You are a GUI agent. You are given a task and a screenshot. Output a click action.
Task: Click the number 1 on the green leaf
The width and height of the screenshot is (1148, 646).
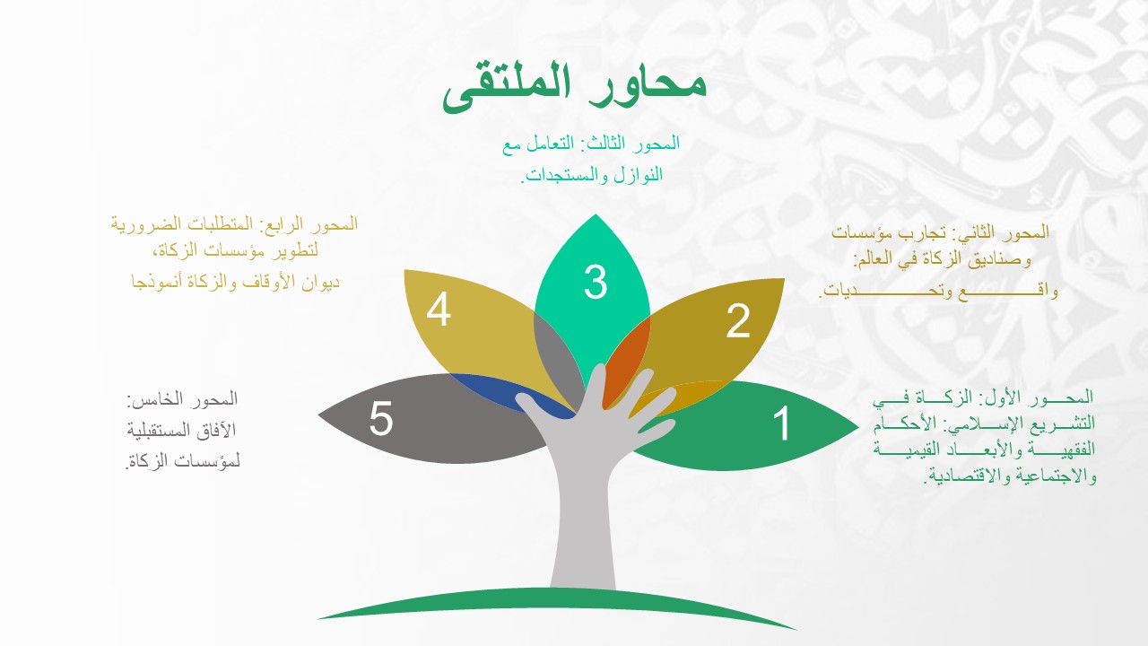click(x=782, y=423)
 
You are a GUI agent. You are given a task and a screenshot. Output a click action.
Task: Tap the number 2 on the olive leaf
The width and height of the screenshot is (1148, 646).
click(x=738, y=321)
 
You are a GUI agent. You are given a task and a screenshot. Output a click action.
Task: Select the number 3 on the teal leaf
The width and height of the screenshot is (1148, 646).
click(x=596, y=282)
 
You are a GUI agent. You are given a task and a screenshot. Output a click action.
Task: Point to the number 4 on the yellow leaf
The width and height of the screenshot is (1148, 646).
click(x=439, y=310)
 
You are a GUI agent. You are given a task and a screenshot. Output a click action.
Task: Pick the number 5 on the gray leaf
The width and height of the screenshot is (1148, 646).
click(x=381, y=418)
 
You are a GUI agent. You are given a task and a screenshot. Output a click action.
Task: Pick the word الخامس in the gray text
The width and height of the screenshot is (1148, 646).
click(x=152, y=399)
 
